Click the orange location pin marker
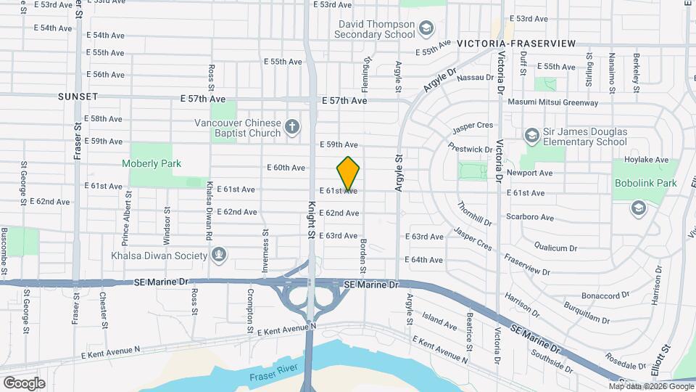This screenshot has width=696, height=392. tap(348, 173)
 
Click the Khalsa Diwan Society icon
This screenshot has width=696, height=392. tap(218, 256)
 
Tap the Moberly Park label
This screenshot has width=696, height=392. tap(152, 164)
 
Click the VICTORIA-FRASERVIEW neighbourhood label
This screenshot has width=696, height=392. tap(516, 44)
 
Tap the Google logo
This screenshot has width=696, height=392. tap(24, 383)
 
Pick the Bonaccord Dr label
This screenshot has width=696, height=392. tap(605, 296)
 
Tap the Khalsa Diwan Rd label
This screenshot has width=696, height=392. tap(209, 211)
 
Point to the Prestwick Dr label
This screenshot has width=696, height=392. tap(469, 150)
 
